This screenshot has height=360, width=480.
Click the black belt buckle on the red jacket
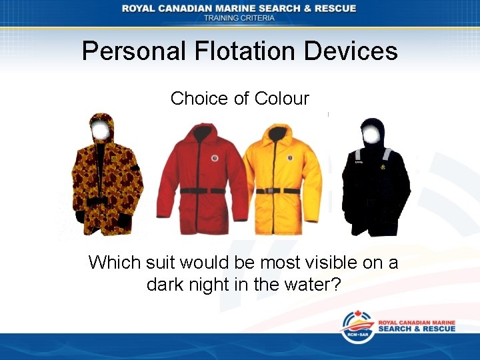201,191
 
